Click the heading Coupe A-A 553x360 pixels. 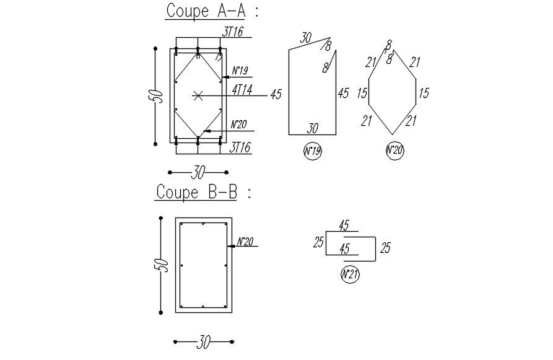click(x=206, y=11)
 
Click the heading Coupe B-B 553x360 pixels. click(x=196, y=192)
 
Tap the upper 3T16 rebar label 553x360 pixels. click(x=232, y=32)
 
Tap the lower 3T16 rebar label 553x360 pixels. click(x=240, y=147)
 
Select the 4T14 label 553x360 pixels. click(x=242, y=90)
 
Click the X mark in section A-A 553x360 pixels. click(x=198, y=95)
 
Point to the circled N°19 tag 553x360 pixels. click(x=313, y=151)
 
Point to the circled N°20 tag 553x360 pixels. click(x=394, y=151)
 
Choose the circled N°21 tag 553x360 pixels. click(x=351, y=274)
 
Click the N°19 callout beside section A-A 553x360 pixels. click(x=240, y=71)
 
